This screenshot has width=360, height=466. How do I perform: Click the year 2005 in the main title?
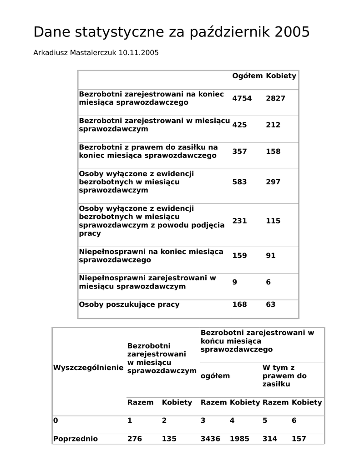[292, 32]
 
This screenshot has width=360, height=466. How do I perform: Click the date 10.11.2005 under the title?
[138, 53]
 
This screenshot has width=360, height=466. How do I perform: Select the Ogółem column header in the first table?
[247, 76]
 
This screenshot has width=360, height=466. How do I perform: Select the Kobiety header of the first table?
[281, 76]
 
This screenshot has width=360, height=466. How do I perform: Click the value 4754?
[242, 98]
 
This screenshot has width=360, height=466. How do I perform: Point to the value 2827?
[275, 98]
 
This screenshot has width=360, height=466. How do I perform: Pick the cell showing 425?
[239, 125]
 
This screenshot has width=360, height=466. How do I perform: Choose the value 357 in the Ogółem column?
[239, 152]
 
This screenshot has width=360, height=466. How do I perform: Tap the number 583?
[239, 182]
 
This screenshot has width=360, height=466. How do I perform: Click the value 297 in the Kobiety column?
[273, 182]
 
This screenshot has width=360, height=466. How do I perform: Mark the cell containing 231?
[239, 221]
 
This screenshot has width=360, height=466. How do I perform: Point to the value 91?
[271, 256]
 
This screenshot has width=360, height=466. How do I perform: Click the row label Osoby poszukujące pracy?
[129, 304]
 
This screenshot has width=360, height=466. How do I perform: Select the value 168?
[239, 304]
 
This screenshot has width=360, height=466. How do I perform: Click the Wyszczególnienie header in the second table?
[88, 368]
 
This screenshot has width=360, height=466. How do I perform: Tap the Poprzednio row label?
[76, 439]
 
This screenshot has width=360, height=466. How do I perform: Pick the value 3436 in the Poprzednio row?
[210, 439]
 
